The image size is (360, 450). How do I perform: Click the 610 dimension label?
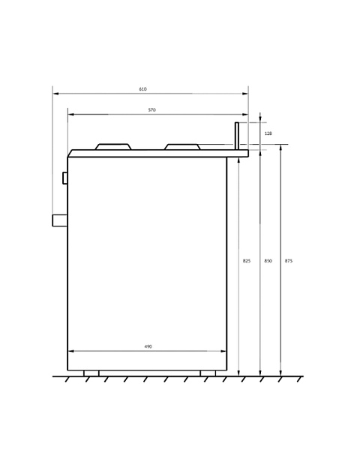[x=142, y=89]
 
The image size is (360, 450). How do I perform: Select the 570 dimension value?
[x=151, y=110]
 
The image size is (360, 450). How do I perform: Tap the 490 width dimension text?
[x=148, y=346]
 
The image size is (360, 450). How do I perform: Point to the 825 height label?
[x=247, y=261]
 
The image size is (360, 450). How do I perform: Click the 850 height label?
[x=268, y=261]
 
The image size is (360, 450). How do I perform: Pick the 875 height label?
[x=289, y=261]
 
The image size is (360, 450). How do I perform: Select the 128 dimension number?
[x=268, y=133]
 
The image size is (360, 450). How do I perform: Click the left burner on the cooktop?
[x=113, y=147]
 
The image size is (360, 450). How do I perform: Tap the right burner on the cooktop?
[x=182, y=147]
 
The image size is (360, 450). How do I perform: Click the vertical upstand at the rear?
[x=237, y=136]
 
